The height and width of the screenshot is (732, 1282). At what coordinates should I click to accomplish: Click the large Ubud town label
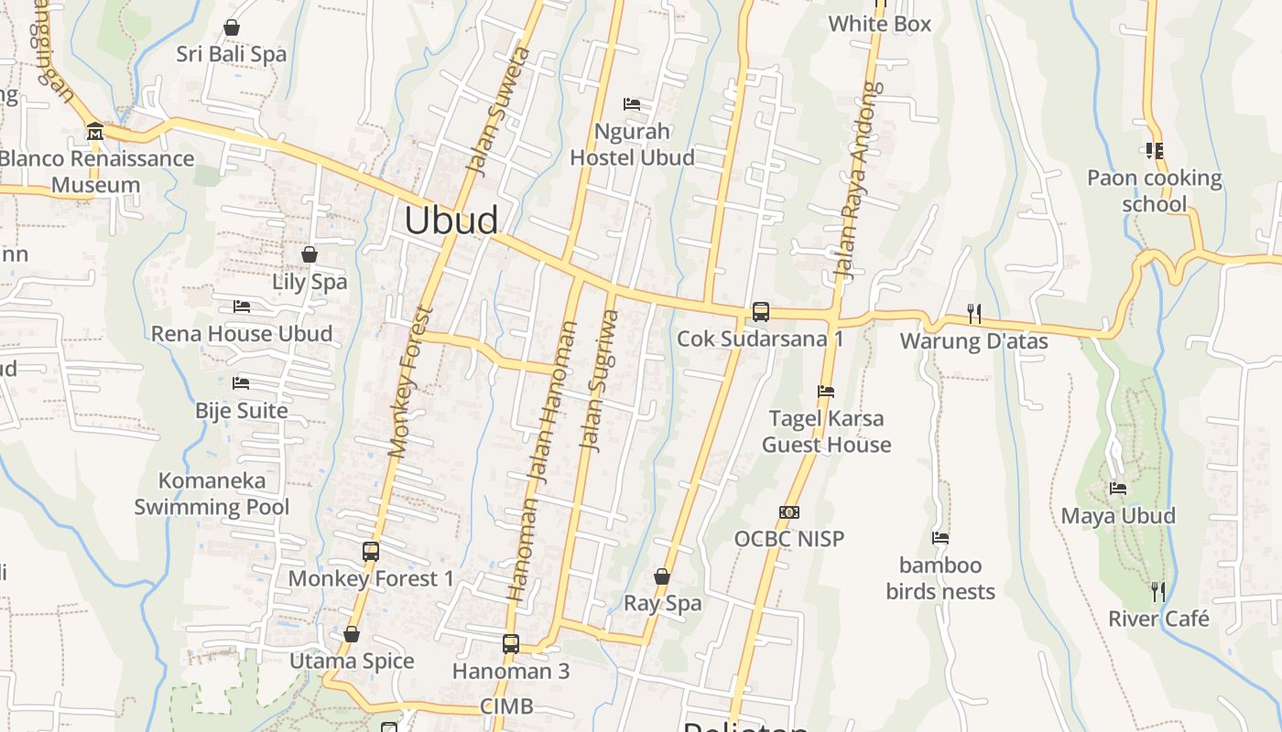pos(451,221)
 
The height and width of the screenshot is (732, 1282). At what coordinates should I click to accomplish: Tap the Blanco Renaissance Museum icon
pos(94,133)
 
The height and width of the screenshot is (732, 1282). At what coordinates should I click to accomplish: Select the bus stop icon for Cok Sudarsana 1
pos(760,312)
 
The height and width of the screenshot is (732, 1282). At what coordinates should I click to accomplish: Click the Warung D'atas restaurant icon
pos(974,314)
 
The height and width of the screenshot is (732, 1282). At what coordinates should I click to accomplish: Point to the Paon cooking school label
pos(1154,190)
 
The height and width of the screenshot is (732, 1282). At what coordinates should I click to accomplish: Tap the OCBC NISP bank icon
pos(788,512)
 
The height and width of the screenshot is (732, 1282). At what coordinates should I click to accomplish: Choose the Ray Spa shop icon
pos(662,576)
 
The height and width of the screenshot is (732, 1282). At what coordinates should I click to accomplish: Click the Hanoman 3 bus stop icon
pos(510,644)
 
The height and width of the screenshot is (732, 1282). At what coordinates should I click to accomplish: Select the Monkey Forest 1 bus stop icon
pos(371,552)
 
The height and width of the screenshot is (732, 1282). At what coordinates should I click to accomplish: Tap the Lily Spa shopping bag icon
pos(310,254)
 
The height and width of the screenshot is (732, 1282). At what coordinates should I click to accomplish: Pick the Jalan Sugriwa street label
pos(600,380)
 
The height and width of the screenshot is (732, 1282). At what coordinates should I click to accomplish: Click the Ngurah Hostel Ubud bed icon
pos(632,104)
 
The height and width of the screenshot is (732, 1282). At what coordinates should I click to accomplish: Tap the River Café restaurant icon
pos(1158,592)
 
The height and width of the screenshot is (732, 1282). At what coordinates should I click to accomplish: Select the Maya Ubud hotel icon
pos(1118,489)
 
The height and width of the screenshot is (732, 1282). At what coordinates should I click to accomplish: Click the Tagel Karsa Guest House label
pos(827,432)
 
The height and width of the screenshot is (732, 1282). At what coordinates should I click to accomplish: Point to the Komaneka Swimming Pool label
pos(212,494)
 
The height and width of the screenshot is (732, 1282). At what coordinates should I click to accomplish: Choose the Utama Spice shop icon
pos(352,634)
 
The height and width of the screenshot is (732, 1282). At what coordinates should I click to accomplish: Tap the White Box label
pos(879,25)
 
